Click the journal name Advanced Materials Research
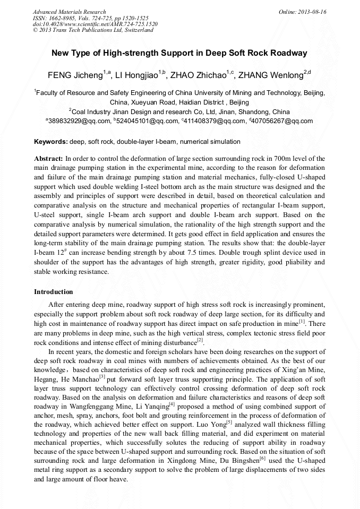(x=69, y=12)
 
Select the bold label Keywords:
(x=51, y=142)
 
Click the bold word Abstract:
(x=48, y=159)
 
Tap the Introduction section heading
(x=54, y=292)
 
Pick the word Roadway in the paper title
(x=289, y=53)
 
